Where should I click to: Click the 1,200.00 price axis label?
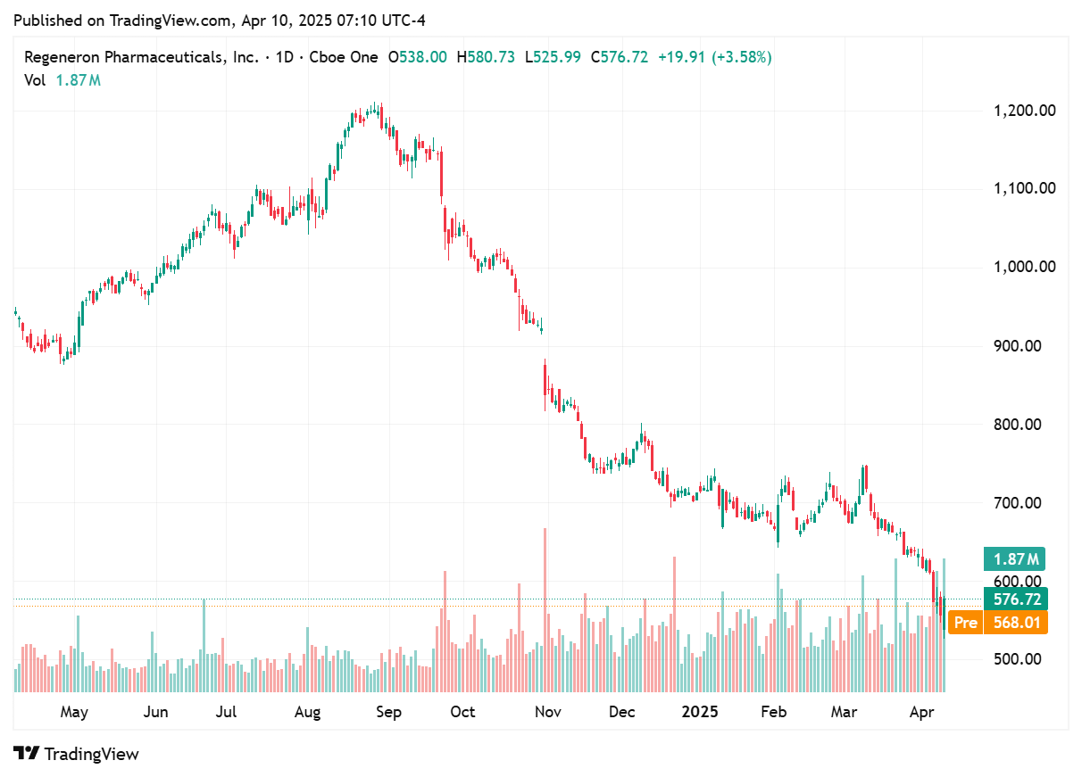(x=1025, y=111)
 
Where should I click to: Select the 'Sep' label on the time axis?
(x=388, y=712)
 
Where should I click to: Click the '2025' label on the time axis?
(x=699, y=712)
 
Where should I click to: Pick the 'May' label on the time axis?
(x=73, y=712)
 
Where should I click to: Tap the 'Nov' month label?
(x=547, y=712)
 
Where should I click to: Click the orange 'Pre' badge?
(x=965, y=623)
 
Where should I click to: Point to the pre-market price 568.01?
(x=1016, y=623)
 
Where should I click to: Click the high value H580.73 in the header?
(x=486, y=57)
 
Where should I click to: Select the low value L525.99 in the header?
(x=553, y=57)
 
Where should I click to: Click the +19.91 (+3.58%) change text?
(x=714, y=57)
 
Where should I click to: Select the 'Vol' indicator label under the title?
(x=35, y=80)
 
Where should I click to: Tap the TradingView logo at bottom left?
(x=76, y=754)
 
